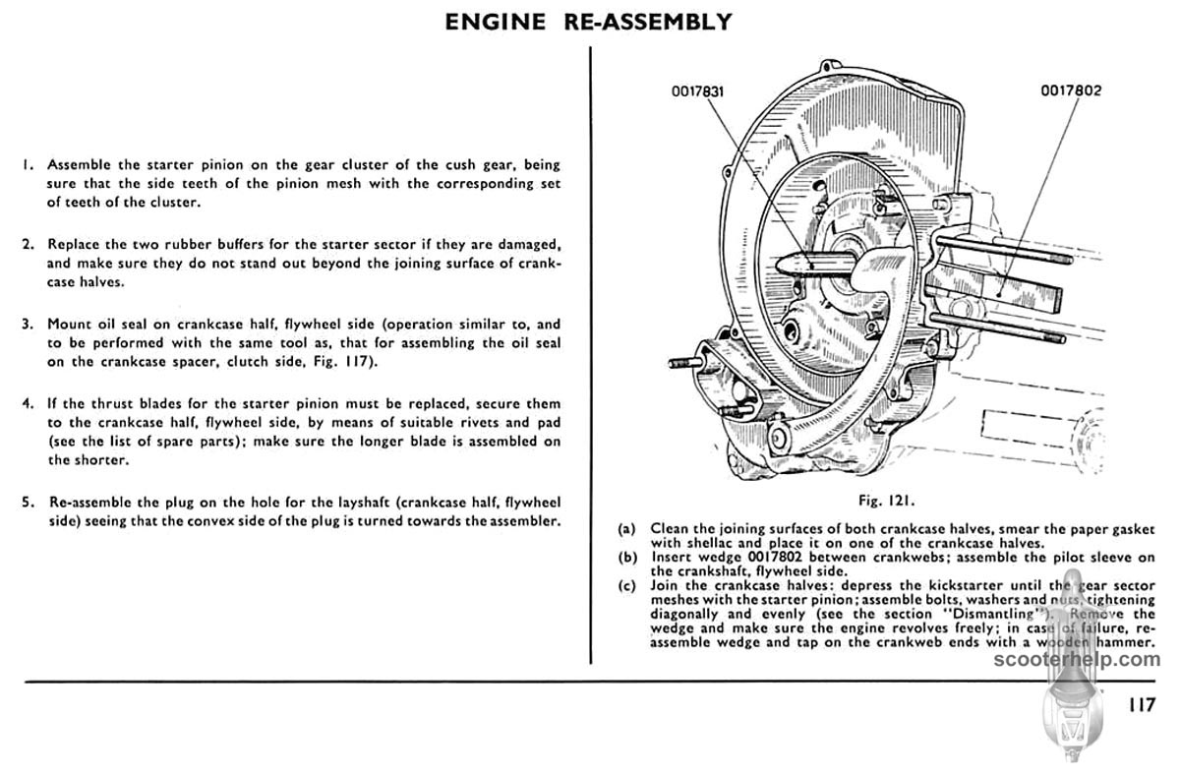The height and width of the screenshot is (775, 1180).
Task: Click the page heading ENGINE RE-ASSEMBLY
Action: [589, 21]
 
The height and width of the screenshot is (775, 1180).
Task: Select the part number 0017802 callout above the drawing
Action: [1071, 91]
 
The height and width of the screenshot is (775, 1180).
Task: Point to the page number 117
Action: [1141, 704]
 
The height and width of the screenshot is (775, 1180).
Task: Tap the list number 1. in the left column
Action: [29, 163]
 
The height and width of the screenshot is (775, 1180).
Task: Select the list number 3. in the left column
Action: [29, 324]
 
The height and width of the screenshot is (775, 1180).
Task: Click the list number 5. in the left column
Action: [29, 502]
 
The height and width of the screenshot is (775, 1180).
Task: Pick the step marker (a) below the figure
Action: [626, 528]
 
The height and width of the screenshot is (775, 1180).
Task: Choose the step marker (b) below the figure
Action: [626, 557]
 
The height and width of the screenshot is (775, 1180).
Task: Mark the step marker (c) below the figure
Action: [626, 586]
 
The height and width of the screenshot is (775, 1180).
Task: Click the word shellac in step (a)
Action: [678, 542]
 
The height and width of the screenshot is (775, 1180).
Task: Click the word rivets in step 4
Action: [435, 422]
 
